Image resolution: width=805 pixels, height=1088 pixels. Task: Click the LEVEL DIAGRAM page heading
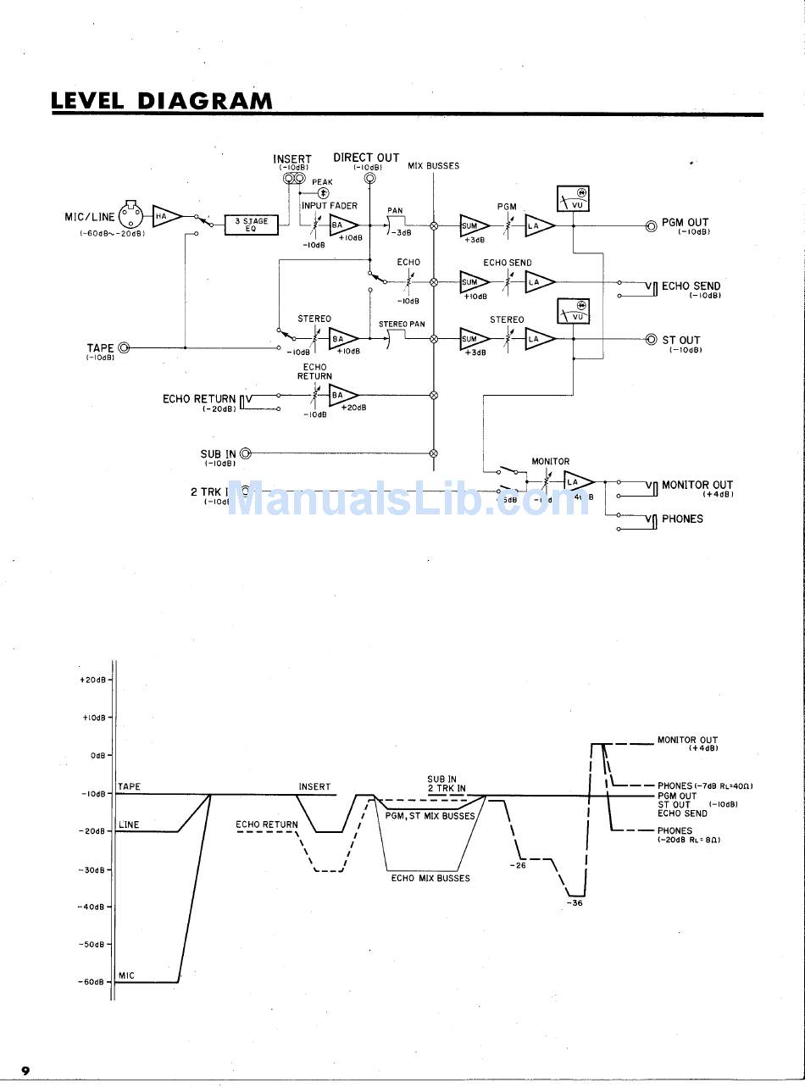162,101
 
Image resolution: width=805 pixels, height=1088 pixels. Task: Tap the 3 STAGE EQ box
251,225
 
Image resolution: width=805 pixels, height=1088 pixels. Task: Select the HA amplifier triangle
165,217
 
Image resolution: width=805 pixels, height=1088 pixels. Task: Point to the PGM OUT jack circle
651,226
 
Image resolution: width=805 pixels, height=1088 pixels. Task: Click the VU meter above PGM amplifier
573,199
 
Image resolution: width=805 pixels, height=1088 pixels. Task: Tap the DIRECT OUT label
366,158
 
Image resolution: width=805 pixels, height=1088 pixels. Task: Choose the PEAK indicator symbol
322,193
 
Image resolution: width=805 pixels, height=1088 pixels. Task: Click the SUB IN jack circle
246,453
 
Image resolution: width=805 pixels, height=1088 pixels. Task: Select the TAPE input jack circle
125,347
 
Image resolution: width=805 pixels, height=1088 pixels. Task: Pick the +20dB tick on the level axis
110,680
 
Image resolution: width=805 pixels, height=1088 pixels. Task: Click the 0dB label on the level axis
97,755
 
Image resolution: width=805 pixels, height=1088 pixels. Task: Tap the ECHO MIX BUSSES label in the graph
430,878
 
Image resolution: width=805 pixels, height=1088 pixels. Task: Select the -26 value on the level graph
519,865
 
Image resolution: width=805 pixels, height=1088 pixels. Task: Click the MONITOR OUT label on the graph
687,740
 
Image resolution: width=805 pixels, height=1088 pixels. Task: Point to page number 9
26,1071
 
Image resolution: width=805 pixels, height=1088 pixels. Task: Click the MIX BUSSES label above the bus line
433,166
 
